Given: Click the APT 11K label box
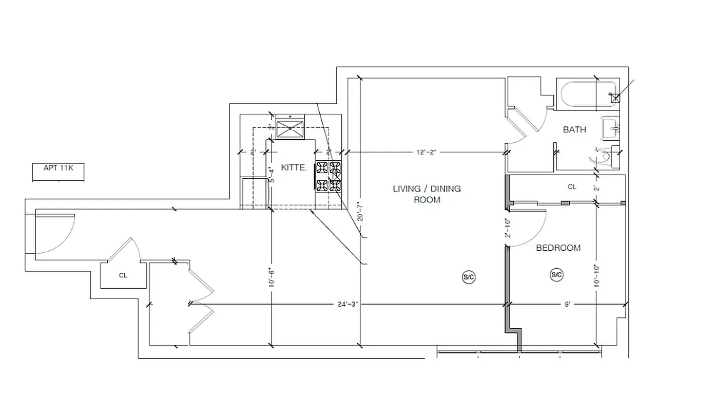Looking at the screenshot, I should (x=57, y=168).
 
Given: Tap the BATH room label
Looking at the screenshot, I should (x=574, y=129).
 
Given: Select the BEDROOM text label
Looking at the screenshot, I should (x=558, y=248).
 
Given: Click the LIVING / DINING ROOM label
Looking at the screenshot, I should (x=427, y=194).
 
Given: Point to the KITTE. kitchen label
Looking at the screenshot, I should (x=294, y=167).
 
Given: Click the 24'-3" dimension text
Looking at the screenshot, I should (x=346, y=305).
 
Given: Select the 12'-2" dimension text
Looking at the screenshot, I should (x=427, y=152).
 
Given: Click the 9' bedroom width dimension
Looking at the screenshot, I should (x=567, y=305).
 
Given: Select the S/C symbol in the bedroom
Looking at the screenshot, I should (x=557, y=275).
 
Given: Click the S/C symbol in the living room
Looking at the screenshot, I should (x=469, y=277).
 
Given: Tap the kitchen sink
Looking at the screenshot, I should (x=290, y=127).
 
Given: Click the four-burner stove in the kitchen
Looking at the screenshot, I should (x=329, y=177).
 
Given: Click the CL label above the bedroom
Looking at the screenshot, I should (x=572, y=187).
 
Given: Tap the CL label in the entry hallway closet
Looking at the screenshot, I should (x=123, y=275).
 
